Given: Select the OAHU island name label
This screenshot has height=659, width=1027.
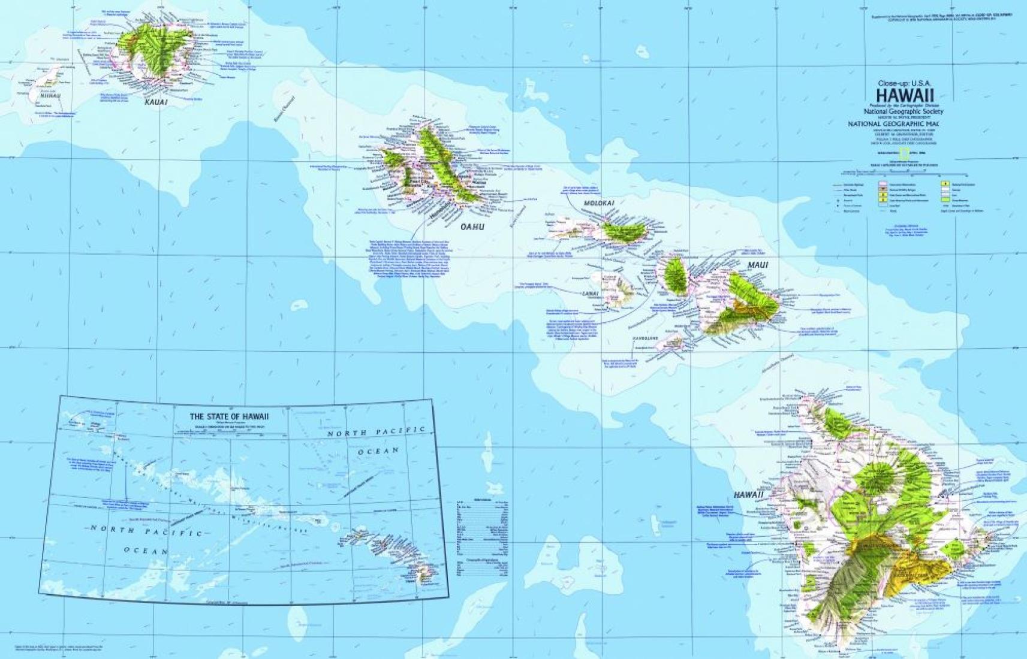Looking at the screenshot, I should (472, 227).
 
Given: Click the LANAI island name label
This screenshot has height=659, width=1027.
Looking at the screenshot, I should (591, 294).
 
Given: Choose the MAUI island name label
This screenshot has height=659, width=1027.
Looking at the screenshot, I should (757, 264).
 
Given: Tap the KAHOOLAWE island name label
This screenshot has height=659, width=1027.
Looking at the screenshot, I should (646, 338).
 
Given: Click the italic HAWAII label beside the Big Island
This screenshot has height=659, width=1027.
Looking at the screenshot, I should (748, 495).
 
